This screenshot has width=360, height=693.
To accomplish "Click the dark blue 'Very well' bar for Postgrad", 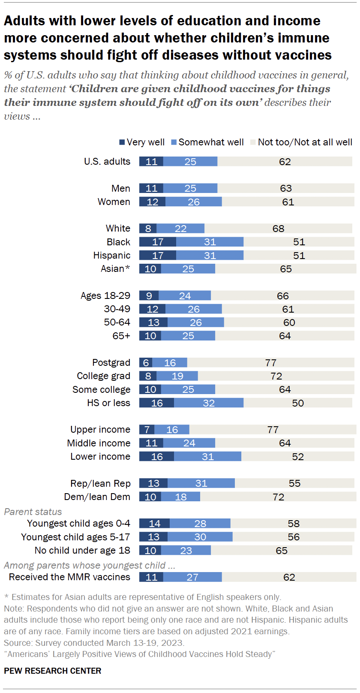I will click(x=146, y=363).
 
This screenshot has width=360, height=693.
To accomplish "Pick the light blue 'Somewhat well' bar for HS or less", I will click(x=209, y=403).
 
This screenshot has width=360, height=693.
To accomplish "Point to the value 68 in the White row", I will click(x=279, y=229).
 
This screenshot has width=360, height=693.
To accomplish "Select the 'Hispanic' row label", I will click(x=112, y=256).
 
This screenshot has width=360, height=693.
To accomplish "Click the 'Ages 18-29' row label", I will click(x=105, y=296).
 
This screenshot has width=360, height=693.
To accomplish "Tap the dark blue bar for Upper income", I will click(x=147, y=430).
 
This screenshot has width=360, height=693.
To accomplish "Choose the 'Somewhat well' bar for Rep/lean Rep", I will click(x=201, y=483).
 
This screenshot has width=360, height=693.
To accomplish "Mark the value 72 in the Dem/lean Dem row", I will click(x=279, y=497).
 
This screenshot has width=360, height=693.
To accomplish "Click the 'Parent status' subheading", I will click(x=33, y=512).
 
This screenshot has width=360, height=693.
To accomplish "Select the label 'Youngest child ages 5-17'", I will click(x=75, y=537).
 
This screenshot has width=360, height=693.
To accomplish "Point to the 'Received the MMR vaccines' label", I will click(x=69, y=577).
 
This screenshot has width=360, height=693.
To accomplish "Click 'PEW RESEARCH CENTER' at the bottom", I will click(x=53, y=671).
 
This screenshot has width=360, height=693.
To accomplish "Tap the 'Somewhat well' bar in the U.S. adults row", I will click(x=190, y=162).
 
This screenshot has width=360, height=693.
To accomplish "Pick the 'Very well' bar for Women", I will click(x=152, y=202).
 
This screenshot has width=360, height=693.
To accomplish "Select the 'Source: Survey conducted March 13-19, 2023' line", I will click(x=94, y=643).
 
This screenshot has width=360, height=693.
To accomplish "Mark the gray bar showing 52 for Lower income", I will click(x=298, y=457).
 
